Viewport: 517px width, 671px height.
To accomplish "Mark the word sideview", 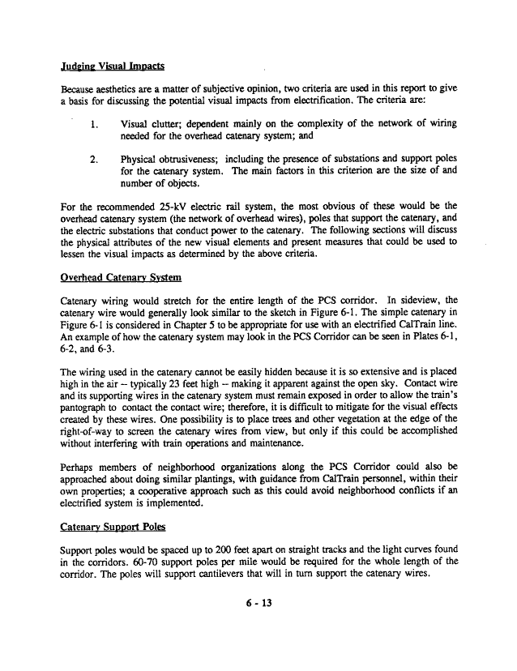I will (430, 299).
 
